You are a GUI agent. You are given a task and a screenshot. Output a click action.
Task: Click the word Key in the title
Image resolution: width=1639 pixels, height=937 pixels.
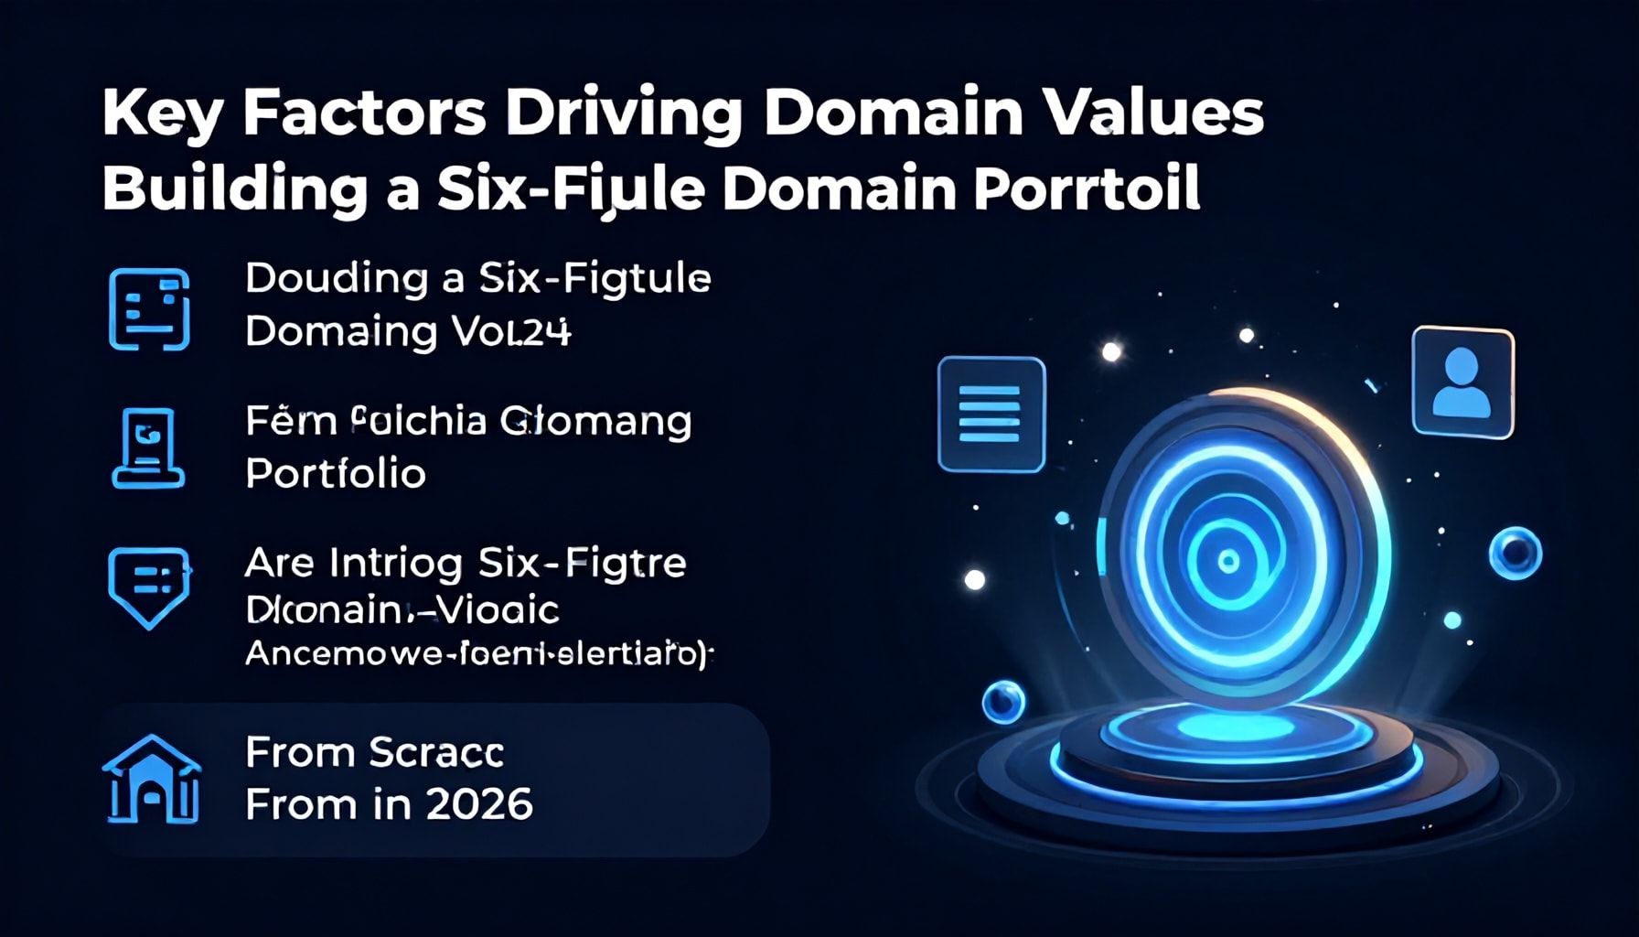click(159, 114)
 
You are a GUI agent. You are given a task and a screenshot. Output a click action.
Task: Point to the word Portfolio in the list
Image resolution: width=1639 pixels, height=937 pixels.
click(336, 474)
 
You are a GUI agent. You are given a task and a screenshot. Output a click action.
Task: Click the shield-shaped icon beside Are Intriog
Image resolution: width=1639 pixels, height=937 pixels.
click(149, 587)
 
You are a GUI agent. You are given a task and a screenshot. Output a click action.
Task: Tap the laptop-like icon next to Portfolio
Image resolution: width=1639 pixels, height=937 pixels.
click(148, 447)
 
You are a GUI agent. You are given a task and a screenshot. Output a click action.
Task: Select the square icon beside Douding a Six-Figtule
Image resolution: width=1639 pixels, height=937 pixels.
click(149, 309)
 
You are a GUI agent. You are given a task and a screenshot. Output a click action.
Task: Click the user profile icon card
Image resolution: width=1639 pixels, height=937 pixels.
click(1462, 382)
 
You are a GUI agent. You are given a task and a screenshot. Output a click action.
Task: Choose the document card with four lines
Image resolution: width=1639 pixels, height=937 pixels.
click(991, 415)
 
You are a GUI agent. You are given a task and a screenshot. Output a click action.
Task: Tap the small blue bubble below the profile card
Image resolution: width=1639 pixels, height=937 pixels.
click(1516, 553)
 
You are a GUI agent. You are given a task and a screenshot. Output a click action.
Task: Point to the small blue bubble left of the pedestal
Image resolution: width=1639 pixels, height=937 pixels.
click(1003, 702)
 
